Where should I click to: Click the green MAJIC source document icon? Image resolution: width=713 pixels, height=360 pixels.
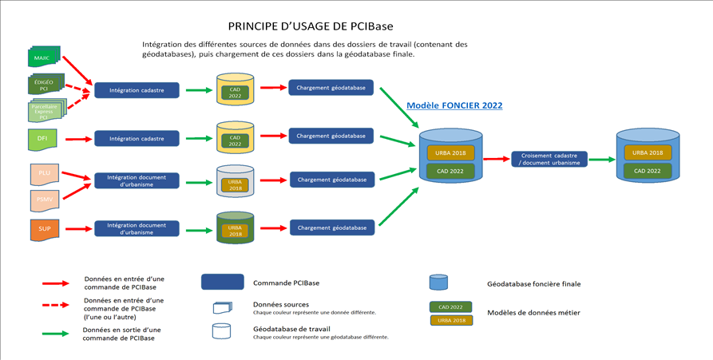pyautogui.click(x=42, y=57)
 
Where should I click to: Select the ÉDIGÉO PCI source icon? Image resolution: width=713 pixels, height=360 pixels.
pyautogui.click(x=45, y=85)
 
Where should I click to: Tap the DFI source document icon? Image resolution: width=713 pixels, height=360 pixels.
pyautogui.click(x=42, y=139)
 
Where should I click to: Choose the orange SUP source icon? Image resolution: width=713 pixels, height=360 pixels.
pyautogui.click(x=44, y=228)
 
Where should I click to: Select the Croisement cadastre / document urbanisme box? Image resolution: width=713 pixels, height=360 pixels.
pyautogui.click(x=549, y=159)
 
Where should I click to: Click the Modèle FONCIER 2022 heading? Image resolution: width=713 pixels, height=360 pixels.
pyautogui.click(x=454, y=105)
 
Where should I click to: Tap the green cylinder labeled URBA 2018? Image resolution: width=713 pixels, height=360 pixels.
pyautogui.click(x=235, y=227)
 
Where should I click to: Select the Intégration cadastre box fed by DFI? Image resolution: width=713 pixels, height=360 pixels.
pyautogui.click(x=137, y=138)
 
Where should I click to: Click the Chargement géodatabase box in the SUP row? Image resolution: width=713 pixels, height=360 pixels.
pyautogui.click(x=331, y=227)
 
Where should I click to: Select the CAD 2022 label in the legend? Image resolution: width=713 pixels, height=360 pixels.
pyautogui.click(x=450, y=307)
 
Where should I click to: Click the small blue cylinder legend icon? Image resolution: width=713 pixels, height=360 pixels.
pyautogui.click(x=438, y=283)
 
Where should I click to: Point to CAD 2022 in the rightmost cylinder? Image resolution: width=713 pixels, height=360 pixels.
pyautogui.click(x=648, y=170)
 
